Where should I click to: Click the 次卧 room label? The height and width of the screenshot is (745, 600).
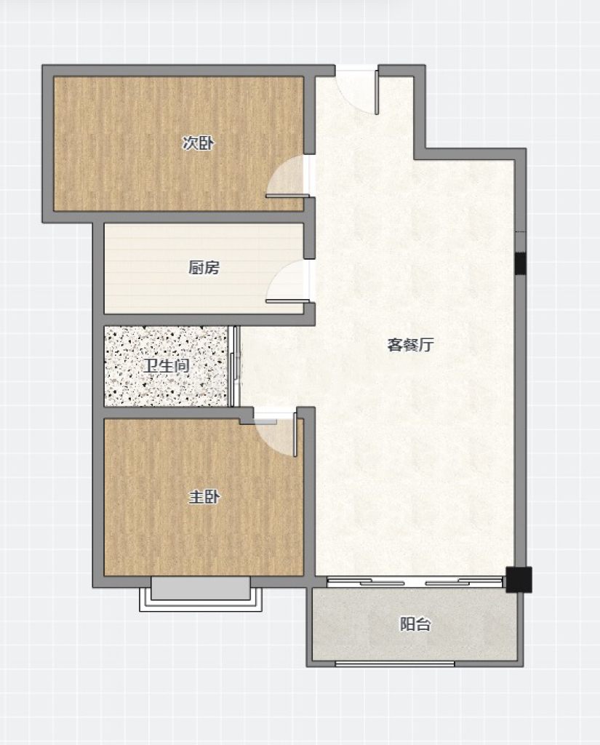click(199, 143)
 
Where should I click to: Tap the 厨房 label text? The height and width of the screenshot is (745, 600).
click(204, 268)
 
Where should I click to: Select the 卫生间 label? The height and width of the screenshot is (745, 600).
click(167, 366)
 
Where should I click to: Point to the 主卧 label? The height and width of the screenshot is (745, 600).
click(204, 497)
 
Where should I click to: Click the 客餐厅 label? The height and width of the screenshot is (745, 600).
click(410, 344)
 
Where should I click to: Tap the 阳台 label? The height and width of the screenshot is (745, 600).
click(415, 624)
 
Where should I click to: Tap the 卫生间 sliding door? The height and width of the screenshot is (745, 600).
click(233, 366)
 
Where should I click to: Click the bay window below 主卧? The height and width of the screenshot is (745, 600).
click(201, 594)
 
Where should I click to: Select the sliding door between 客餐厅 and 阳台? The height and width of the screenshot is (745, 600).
click(415, 581)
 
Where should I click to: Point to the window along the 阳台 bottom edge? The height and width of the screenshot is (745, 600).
click(395, 664)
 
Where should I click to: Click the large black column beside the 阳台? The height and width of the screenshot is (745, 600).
click(519, 580)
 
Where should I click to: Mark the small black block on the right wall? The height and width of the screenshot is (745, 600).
click(521, 263)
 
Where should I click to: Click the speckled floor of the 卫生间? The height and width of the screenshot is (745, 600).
click(166, 366)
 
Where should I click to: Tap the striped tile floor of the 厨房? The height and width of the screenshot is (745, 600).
click(204, 268)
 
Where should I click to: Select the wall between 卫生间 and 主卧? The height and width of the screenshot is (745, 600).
click(172, 413)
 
